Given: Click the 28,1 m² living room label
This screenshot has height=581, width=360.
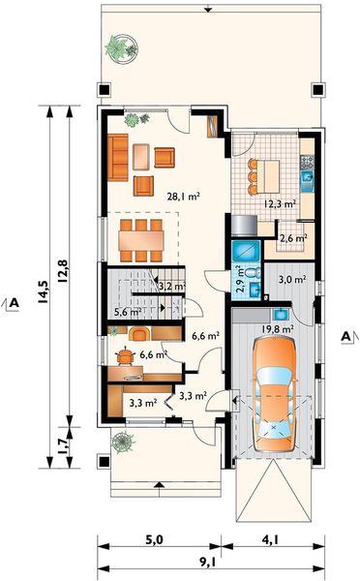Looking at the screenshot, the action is coord(183,196).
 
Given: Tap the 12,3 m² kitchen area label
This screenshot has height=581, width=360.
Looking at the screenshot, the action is coord(280,203).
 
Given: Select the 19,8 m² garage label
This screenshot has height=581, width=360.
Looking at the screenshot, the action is coord(278,328).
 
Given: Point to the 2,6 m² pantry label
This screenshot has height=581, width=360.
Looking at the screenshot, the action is coord(293,238).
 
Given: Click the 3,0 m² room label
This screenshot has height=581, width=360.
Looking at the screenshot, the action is coord(292,279).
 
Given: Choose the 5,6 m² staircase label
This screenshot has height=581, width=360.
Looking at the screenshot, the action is coord(128,312).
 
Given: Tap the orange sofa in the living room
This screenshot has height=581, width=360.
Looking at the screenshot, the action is coord(118,158).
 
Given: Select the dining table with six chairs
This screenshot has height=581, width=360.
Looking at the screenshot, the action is coord(141,241).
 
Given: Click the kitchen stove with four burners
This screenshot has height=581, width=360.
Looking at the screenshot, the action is coord(307,162).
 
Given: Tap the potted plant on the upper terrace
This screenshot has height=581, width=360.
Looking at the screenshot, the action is coord(122,47).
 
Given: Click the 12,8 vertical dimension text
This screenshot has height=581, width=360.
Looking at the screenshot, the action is coord(62,272).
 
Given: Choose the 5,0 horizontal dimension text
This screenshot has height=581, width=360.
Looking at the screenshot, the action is coord(154,540).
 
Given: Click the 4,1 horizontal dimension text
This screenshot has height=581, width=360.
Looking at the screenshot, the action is coord(271,540).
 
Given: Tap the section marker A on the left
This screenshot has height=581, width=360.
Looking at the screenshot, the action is coord(14,303).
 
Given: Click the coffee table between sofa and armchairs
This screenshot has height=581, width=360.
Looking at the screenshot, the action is coord(141,157).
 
